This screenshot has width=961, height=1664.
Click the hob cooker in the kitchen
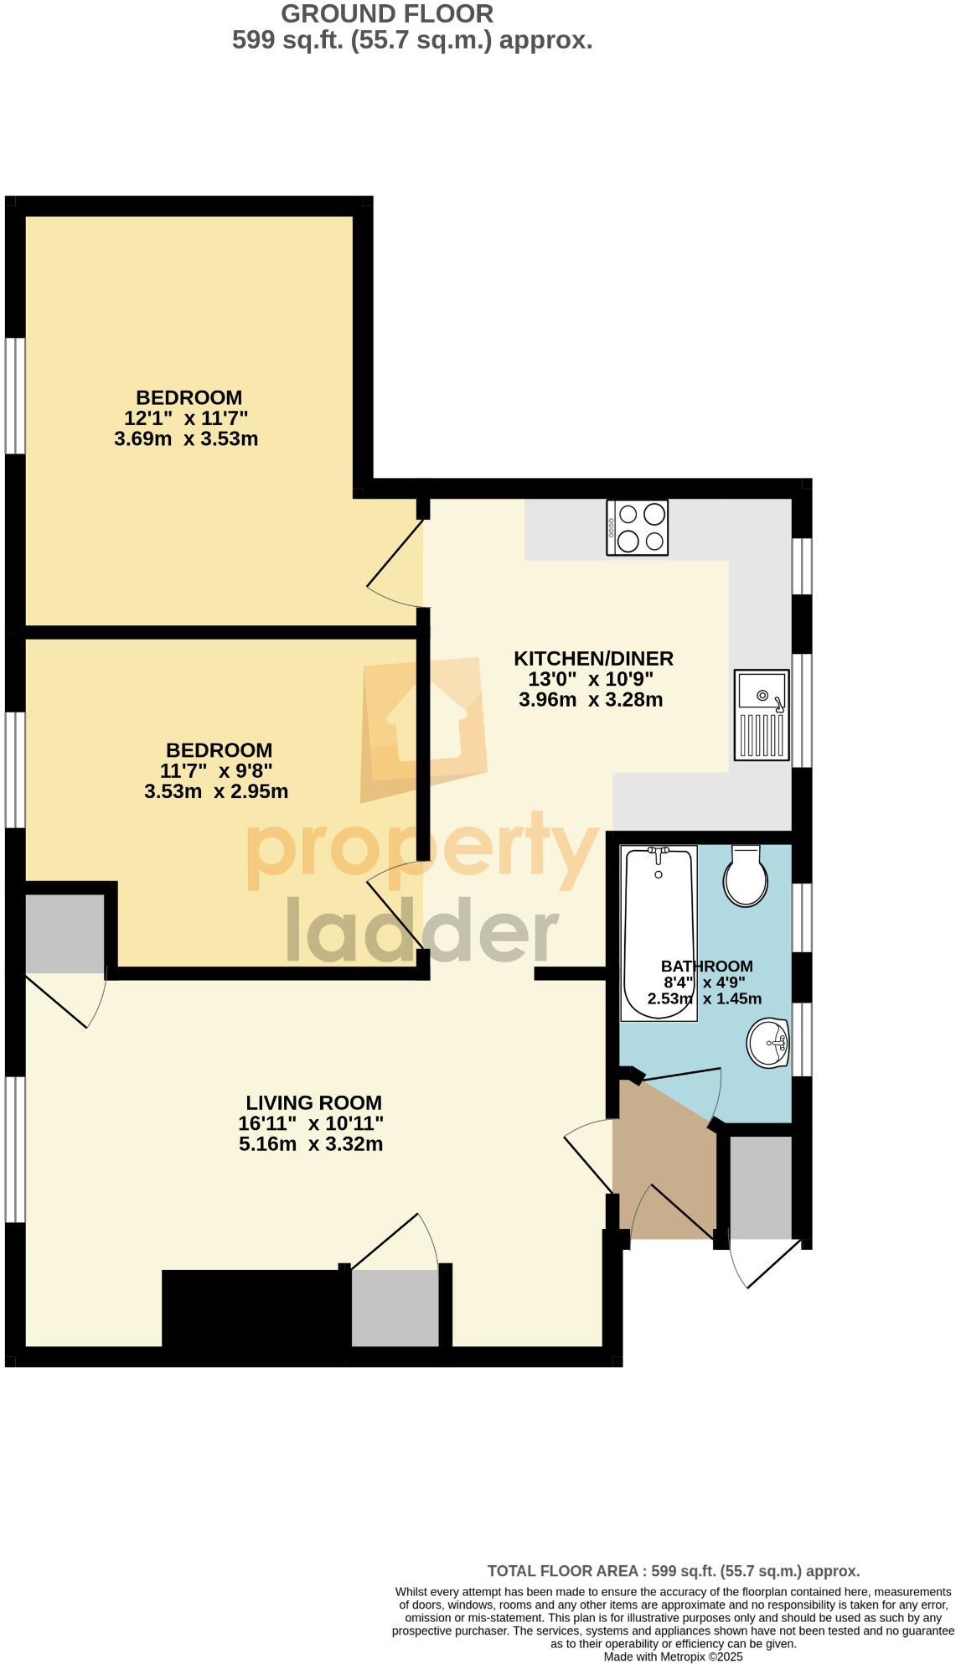point(638,527)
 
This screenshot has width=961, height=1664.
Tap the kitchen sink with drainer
point(762,715)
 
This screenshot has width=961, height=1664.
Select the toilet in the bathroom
point(745,877)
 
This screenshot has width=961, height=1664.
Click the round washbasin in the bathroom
point(767,1044)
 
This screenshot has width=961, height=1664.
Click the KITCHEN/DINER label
point(593,659)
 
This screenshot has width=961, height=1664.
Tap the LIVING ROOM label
point(313,1103)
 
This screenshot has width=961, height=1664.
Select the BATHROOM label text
point(706,966)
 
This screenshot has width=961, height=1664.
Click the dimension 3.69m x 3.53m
point(186,438)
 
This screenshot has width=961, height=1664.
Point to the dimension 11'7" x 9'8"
point(216,770)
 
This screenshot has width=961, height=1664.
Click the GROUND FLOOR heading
point(387,13)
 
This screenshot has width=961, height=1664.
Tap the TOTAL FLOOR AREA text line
point(673,1571)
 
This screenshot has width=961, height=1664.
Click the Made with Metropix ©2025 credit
point(673,1656)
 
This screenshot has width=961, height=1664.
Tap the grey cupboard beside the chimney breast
point(395,1308)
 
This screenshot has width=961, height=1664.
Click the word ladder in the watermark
point(422,930)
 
